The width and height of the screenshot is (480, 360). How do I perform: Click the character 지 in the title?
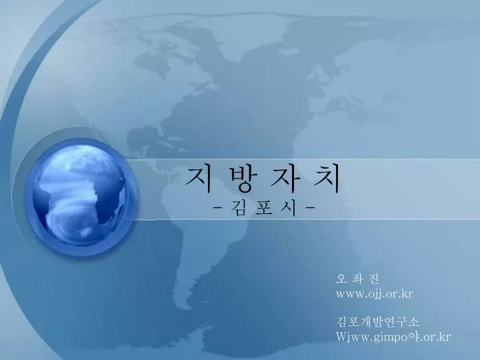click(198, 180)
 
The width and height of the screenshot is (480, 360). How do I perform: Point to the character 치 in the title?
click(327, 180)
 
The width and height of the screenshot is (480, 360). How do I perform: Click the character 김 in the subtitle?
click(237, 208)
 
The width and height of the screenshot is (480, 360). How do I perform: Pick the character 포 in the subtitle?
click(263, 209)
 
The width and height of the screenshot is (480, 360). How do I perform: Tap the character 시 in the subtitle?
click(289, 208)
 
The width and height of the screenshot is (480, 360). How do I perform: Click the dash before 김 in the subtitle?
click(217, 209)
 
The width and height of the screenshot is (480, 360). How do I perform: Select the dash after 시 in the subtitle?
click(310, 209)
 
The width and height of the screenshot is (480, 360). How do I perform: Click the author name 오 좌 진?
click(357, 279)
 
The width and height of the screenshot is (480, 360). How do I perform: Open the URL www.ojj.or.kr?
click(375, 294)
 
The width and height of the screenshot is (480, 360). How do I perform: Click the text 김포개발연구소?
click(377, 322)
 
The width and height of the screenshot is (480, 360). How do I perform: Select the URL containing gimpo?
click(393, 337)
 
